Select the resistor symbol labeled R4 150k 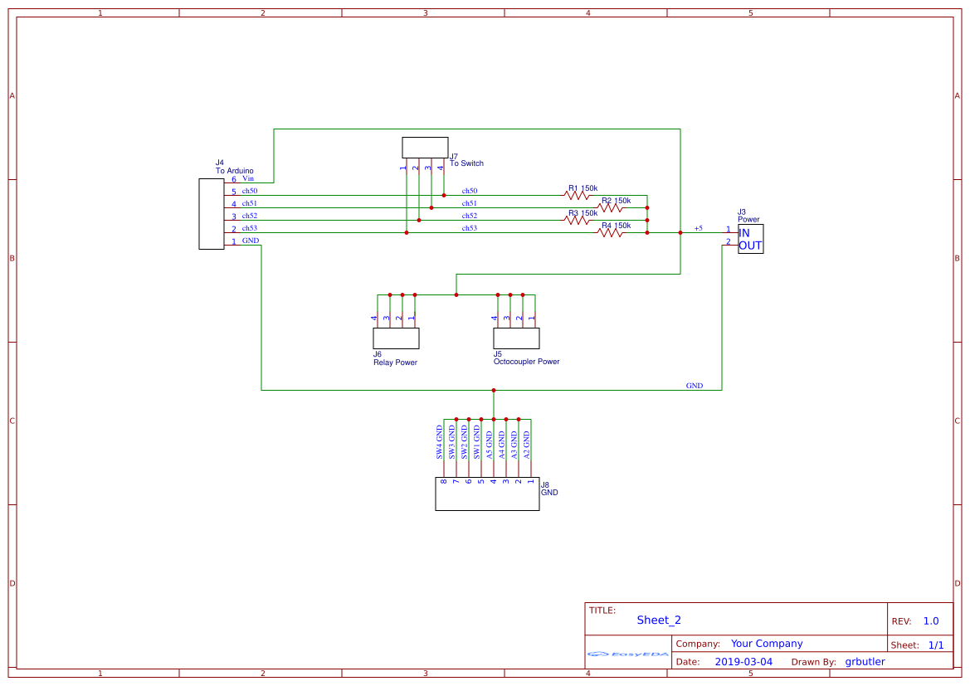click(610, 233)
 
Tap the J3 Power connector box click(750, 239)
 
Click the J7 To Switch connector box click(425, 148)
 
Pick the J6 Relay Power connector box click(396, 338)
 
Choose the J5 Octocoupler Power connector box click(516, 338)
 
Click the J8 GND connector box click(487, 494)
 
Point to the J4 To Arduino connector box click(211, 214)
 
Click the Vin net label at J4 click(248, 178)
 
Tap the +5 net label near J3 click(698, 228)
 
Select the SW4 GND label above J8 click(441, 443)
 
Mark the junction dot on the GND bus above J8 click(494, 390)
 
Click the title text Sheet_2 click(659, 620)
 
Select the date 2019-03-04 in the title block click(743, 662)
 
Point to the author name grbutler click(865, 662)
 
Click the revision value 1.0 click(931, 621)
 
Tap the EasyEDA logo click(628, 654)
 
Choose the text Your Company click(767, 644)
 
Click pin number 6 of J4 click(234, 179)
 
